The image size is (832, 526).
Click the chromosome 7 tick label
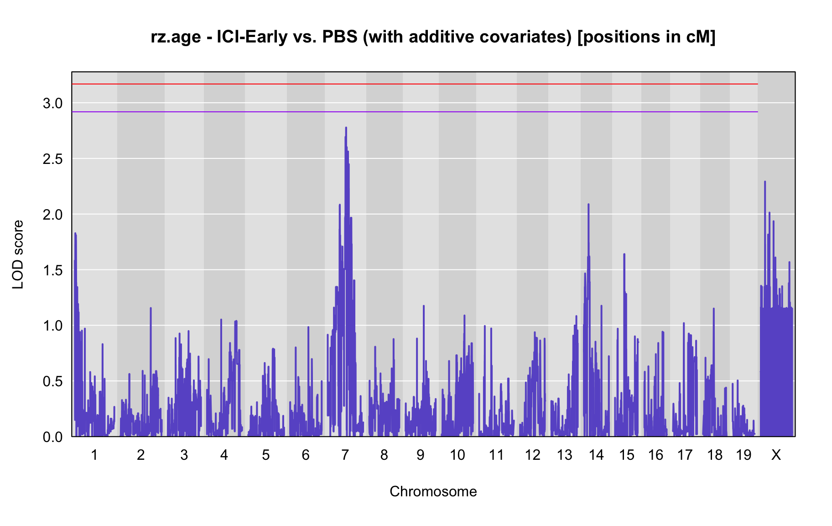coord(345,455)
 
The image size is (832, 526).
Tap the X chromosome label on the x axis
coord(776,455)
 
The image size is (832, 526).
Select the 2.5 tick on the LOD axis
coord(52,159)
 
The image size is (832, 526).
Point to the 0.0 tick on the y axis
coord(52,437)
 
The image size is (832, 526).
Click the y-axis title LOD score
coord(18,254)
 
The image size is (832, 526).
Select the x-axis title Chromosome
coord(433,492)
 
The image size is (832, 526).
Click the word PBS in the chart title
coord(340,37)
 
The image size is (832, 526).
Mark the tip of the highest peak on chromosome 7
coord(346,127)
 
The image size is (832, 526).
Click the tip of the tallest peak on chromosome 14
coord(588,204)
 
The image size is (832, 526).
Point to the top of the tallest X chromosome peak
coord(765,181)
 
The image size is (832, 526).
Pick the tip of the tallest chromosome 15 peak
coord(624,254)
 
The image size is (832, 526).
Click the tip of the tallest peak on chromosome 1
coord(75,233)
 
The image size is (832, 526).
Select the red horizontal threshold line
coord(415,84)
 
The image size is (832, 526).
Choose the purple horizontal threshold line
coord(415,112)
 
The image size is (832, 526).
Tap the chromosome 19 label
coord(744,455)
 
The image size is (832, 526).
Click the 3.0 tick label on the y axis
coord(52,104)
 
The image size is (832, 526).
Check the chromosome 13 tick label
coord(565,455)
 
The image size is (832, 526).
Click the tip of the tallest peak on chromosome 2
coord(151,308)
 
